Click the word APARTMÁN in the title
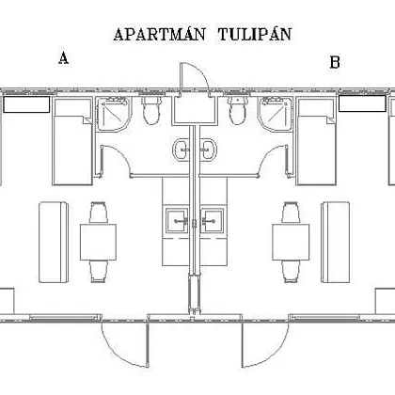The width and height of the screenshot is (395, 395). (x=159, y=34)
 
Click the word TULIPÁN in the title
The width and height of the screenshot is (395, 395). (x=255, y=34)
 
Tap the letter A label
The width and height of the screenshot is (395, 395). (x=64, y=58)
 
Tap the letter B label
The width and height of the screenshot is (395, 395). (x=335, y=62)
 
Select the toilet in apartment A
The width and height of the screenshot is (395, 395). (x=151, y=110)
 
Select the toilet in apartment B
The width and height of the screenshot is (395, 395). (x=238, y=110)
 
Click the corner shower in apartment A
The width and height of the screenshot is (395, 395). (x=114, y=114)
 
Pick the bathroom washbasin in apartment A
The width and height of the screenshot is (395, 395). (x=182, y=150)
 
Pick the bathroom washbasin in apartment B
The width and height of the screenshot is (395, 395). (x=209, y=150)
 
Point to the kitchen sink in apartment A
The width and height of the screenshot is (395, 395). (x=177, y=221)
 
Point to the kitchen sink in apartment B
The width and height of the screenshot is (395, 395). (x=213, y=221)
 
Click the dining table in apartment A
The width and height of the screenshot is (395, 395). (x=98, y=242)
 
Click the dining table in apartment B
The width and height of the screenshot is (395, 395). (x=291, y=242)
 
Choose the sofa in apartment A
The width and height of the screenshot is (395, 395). (x=54, y=243)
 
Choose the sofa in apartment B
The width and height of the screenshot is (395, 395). (x=335, y=243)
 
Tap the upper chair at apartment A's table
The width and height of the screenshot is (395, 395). (x=99, y=213)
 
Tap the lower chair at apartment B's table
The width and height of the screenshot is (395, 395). (x=291, y=272)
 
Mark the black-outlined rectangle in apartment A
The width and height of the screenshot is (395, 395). (x=26, y=104)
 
